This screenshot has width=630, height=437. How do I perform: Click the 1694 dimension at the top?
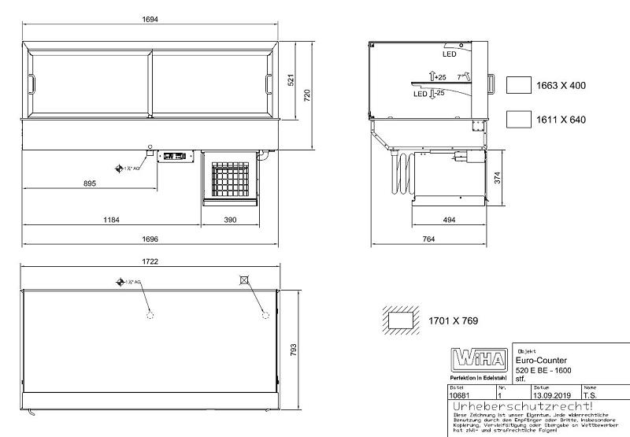click(150, 20)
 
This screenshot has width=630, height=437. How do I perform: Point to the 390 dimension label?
click(230, 220)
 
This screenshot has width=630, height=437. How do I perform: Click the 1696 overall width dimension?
click(151, 239)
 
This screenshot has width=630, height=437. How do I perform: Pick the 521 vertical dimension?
click(290, 80)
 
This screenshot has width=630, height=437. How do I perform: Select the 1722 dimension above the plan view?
click(150, 261)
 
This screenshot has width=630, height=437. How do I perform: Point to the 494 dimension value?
click(447, 220)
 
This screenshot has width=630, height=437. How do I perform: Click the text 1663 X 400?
click(561, 85)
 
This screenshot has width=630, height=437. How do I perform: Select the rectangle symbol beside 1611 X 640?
click(517, 119)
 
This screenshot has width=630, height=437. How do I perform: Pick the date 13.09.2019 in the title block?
click(550, 395)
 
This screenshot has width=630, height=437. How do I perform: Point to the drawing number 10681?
click(460, 395)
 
